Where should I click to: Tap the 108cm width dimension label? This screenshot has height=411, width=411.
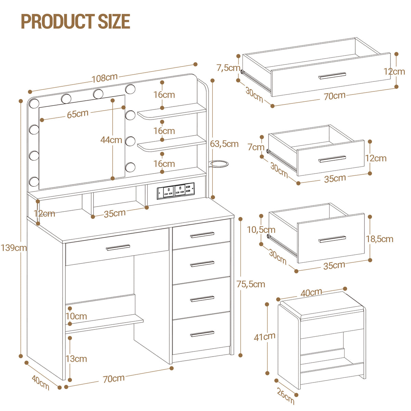(104, 78)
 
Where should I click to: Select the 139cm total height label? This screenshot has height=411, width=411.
(14, 248)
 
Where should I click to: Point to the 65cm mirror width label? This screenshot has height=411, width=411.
(78, 114)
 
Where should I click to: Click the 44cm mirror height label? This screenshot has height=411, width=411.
(111, 140)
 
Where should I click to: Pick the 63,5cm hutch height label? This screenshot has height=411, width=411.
(224, 144)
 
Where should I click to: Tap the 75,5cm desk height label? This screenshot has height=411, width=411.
(251, 284)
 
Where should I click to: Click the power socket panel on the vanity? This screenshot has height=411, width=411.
(176, 191)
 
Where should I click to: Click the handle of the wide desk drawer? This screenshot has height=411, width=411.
(118, 247)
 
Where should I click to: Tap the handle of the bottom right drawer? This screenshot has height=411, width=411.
(202, 334)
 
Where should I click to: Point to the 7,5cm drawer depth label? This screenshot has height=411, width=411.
(228, 68)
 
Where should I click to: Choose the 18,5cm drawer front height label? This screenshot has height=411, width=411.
(379, 239)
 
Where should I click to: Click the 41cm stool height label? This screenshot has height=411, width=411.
(264, 337)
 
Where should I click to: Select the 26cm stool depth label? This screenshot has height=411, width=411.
(286, 396)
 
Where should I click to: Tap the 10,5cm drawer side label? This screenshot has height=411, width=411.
(261, 230)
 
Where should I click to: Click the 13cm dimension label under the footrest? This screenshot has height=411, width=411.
(76, 359)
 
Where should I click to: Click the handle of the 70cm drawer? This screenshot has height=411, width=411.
(332, 76)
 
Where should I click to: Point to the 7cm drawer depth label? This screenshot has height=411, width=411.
(256, 147)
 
